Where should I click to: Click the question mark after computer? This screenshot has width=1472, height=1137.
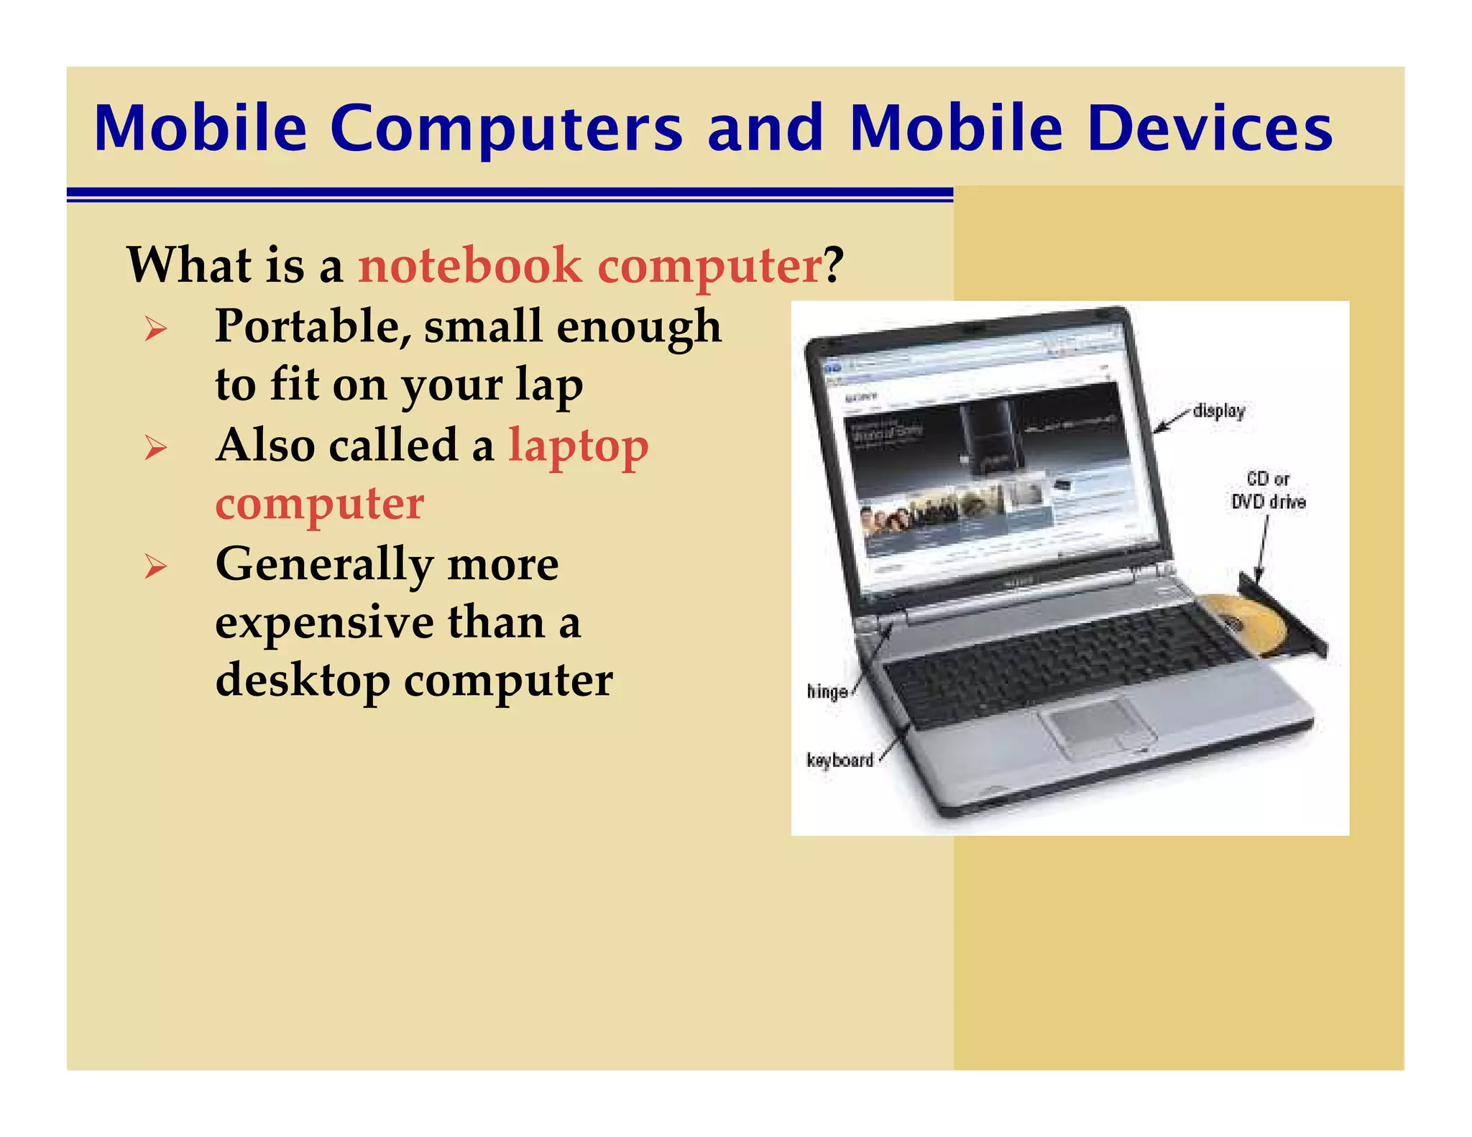tap(833, 265)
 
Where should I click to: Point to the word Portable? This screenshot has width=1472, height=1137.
tap(314, 327)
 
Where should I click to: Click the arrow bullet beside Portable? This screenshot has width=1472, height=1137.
tap(155, 329)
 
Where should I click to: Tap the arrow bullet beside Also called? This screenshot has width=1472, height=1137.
tap(155, 448)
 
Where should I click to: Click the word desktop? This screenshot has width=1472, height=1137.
tap(303, 681)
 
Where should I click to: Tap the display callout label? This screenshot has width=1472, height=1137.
tap(1218, 411)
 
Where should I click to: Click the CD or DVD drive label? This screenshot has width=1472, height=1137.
tap(1268, 491)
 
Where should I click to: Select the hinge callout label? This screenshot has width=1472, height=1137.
tap(827, 691)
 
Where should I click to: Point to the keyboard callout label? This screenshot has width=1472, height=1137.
tap(839, 760)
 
